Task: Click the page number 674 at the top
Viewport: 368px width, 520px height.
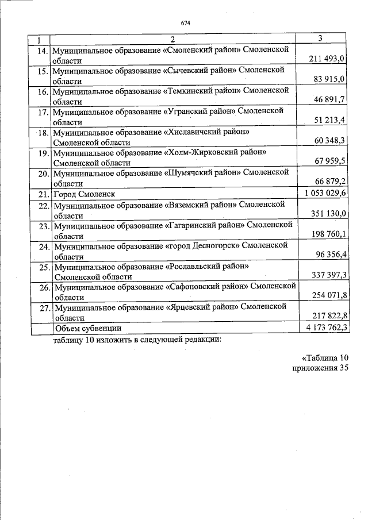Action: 185,23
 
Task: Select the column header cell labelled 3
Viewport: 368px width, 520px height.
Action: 320,38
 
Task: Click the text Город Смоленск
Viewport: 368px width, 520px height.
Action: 84,194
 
